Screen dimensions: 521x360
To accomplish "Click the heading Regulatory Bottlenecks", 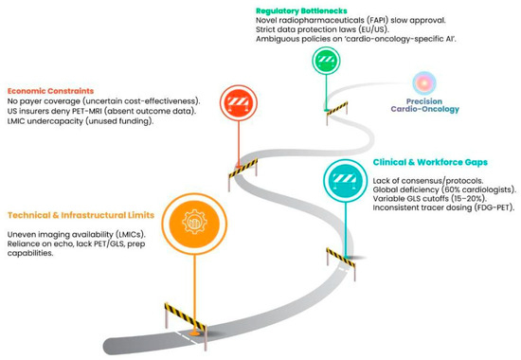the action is tap(301, 11).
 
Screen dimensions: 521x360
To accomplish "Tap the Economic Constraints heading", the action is tap(50, 91).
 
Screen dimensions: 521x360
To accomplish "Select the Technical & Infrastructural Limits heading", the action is tap(81, 215).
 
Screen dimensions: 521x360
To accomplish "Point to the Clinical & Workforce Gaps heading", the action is tap(430, 162).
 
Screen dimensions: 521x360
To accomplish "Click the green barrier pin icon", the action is tap(326, 61).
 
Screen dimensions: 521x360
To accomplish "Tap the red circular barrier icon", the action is tap(238, 102).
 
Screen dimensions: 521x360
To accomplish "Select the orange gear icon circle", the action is tap(194, 224).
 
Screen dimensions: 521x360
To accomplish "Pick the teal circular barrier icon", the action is tap(345, 181).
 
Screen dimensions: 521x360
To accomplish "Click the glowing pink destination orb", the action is tap(424, 83).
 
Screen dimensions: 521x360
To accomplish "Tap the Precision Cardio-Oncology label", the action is tap(424, 105).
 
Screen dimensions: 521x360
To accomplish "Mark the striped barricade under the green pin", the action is tap(337, 113).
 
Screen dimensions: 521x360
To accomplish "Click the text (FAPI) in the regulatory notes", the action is tap(376, 20).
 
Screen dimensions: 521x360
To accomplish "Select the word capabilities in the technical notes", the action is tap(30, 253).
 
